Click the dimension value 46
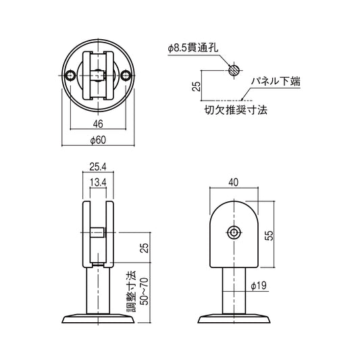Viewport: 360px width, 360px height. [98, 124]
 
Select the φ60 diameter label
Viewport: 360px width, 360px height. [98, 140]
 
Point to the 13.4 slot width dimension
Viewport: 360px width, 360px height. [98, 182]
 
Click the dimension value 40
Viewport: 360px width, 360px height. [234, 182]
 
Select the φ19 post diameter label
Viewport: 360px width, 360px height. [258, 286]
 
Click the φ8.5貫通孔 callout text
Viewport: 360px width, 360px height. [196, 48]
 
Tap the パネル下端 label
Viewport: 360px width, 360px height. [276, 81]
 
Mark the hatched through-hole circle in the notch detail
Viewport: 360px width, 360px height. [233, 70]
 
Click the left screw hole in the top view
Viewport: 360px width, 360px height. [72, 78]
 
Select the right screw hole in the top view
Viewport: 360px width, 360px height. [125, 78]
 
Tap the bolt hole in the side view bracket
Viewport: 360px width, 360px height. [234, 232]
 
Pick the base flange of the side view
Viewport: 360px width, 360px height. [234, 318]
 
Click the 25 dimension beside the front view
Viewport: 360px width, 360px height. [143, 248]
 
